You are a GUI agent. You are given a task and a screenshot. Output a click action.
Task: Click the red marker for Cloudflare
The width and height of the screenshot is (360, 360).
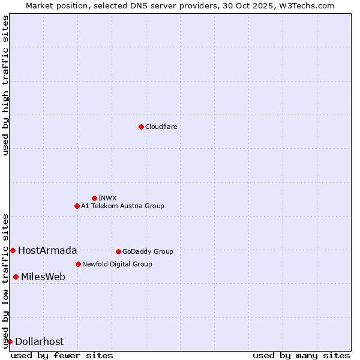click(141, 127)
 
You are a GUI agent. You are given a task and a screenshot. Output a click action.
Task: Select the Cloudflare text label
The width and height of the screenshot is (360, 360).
click(161, 127)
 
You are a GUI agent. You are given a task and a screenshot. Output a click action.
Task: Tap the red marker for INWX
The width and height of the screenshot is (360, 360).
click(94, 198)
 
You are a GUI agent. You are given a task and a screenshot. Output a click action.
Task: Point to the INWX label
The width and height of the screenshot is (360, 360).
click(107, 198)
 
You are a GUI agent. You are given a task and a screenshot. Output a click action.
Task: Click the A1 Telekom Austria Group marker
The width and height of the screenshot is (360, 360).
click(77, 206)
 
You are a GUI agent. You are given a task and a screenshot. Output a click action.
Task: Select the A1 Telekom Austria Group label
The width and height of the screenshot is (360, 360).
click(122, 206)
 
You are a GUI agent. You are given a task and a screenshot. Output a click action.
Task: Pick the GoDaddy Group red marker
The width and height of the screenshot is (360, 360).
click(118, 251)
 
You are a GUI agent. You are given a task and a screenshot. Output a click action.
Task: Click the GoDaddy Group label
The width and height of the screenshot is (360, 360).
click(148, 251)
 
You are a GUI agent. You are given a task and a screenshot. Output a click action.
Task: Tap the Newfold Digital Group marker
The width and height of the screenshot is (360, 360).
click(78, 264)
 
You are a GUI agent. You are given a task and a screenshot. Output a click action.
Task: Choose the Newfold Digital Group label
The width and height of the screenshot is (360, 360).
click(117, 264)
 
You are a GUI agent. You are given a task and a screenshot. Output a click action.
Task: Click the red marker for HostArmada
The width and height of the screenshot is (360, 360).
click(13, 250)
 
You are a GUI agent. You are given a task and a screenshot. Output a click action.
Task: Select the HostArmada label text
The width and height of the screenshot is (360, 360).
click(47, 250)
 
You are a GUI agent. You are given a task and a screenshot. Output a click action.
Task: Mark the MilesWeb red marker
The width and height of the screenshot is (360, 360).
click(16, 277)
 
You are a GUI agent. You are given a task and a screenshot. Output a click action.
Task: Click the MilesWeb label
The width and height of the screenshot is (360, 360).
click(43, 277)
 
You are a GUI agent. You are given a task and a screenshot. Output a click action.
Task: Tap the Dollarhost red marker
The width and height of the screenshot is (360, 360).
click(10, 341)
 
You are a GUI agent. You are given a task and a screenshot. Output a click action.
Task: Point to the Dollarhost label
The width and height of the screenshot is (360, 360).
click(39, 341)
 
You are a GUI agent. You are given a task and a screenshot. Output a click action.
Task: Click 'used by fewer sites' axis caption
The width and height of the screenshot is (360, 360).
click(62, 355)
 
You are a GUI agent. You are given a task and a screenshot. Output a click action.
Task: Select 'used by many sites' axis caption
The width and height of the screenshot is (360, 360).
click(301, 355)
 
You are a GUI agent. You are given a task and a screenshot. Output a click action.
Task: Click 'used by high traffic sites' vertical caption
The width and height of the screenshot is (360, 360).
click(5, 85)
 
